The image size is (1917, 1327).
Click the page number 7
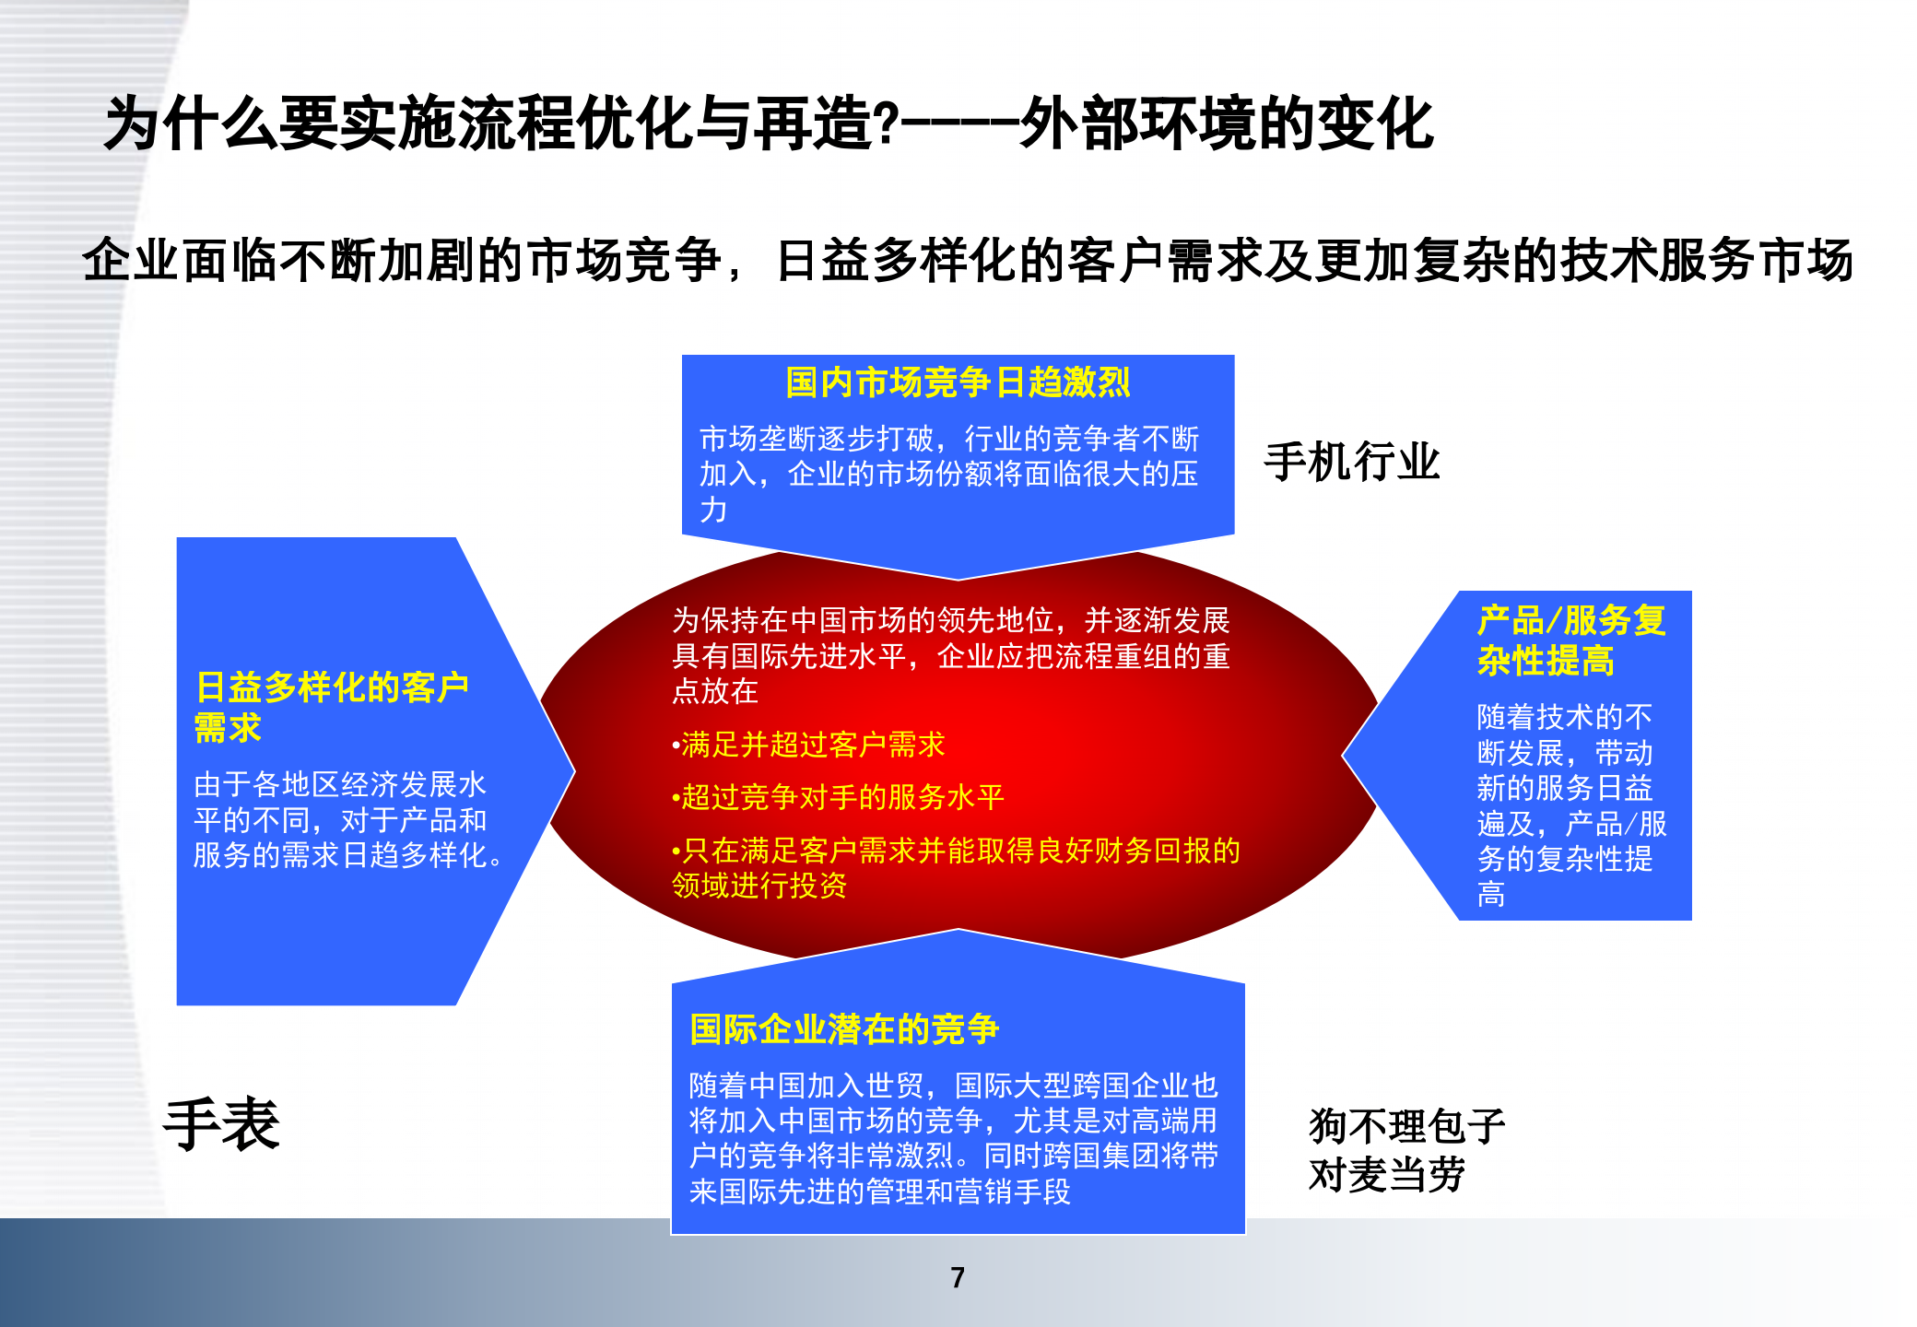coord(958,1277)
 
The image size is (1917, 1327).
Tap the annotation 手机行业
coord(1351,462)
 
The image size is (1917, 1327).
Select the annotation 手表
coord(221,1124)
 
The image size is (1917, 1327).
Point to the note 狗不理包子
coord(1406,1126)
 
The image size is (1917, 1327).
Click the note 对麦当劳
coord(1386,1175)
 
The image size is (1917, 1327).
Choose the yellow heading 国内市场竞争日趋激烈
coord(958,382)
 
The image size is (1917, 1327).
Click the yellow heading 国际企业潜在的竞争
coord(843,1029)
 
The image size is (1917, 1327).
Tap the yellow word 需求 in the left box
coord(228,728)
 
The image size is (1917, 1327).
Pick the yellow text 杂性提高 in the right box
coord(1546,661)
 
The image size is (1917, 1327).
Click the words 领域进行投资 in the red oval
coord(759,886)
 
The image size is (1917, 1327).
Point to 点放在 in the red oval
coord(714,691)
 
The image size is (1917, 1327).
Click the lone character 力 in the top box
coord(713,510)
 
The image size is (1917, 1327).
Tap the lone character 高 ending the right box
coord(1491,894)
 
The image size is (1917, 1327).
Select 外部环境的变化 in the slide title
coord(1226,124)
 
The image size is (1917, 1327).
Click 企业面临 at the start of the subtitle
coord(181,260)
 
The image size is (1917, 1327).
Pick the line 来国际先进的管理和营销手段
coord(879,1192)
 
